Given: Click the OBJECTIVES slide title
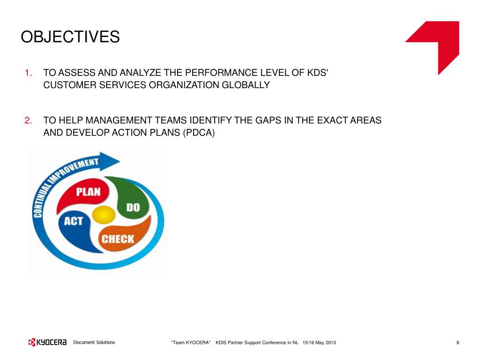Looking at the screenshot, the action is click(x=70, y=37).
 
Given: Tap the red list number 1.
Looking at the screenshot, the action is click(x=28, y=73).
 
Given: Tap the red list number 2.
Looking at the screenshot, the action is click(x=28, y=120).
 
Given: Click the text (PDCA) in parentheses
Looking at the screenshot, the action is click(x=199, y=133).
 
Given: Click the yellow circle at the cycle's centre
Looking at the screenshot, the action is click(x=104, y=215).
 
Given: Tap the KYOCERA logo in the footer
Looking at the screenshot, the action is click(x=47, y=342).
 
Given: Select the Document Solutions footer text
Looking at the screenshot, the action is click(x=94, y=342).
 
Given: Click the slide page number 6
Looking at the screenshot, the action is click(x=457, y=343).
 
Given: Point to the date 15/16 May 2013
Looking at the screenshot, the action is click(x=319, y=343).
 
